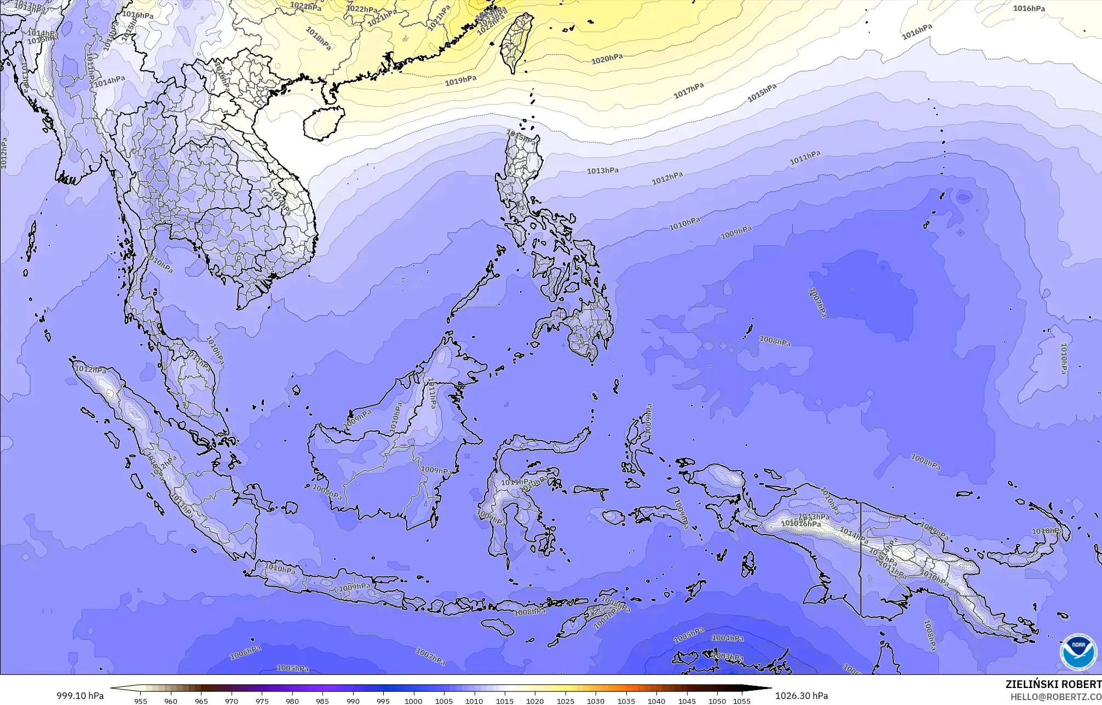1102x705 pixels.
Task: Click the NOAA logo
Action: coord(1078,652)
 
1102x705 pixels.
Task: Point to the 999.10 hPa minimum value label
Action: coord(80,696)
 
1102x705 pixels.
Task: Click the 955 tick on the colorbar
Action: coord(141,701)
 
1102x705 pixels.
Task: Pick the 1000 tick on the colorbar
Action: coord(413,701)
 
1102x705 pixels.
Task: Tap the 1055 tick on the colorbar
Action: coord(742,701)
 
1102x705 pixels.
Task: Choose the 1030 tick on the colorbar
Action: coord(596,701)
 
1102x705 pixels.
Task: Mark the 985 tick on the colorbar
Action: coord(322,701)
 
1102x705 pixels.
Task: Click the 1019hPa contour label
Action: coord(460,81)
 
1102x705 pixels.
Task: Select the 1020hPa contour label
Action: coord(607,59)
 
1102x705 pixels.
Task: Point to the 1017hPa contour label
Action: coord(688,91)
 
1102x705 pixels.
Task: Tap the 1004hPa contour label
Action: coord(728,638)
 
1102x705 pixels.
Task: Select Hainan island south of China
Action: coord(323,122)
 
